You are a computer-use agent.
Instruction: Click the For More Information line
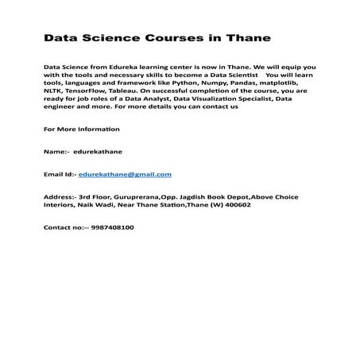[81, 129]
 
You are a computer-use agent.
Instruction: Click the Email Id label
[59, 173]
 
